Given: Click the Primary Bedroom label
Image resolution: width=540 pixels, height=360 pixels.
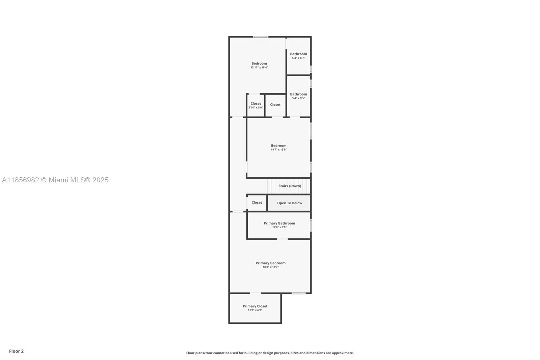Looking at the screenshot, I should [x=270, y=263].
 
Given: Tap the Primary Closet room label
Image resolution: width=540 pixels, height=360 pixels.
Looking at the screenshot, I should [x=255, y=306].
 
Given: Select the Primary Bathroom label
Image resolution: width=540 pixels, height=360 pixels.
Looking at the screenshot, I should [x=279, y=223].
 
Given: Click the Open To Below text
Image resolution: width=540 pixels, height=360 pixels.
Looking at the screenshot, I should [x=290, y=203].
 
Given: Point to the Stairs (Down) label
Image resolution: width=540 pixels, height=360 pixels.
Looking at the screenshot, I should [x=290, y=186].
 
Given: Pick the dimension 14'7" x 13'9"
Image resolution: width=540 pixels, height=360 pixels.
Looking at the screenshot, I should [x=278, y=150].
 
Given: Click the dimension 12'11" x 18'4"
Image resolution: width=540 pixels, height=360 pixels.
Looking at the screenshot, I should [x=259, y=68].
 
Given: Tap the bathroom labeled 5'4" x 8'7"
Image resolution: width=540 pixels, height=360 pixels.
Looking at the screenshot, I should [x=298, y=54].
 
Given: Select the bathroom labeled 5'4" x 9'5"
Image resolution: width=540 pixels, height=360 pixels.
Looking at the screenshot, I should [x=298, y=94].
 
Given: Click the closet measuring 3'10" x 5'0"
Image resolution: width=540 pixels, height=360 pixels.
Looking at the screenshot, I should [x=255, y=104].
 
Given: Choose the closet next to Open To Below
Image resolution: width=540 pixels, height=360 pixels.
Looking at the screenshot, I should [x=256, y=203].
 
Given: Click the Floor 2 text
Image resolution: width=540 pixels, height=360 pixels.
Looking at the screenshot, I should [x=16, y=351].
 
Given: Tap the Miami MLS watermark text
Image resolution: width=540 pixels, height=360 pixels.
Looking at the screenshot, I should [x=55, y=180].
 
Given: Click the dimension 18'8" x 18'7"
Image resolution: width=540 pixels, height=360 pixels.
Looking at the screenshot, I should [x=270, y=267].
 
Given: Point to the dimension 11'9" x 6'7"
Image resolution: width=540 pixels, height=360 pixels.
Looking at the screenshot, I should [x=255, y=310].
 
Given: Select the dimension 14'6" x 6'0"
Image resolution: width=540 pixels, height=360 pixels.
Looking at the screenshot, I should [x=279, y=227].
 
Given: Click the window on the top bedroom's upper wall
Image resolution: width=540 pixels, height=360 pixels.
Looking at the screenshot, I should [x=261, y=37].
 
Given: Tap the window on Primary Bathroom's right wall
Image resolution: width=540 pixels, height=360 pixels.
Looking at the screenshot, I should [x=310, y=225].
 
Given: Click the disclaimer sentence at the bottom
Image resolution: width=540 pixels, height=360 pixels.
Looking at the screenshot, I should [x=270, y=353].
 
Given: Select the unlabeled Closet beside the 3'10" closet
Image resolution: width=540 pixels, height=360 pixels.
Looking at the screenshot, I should [x=275, y=105].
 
